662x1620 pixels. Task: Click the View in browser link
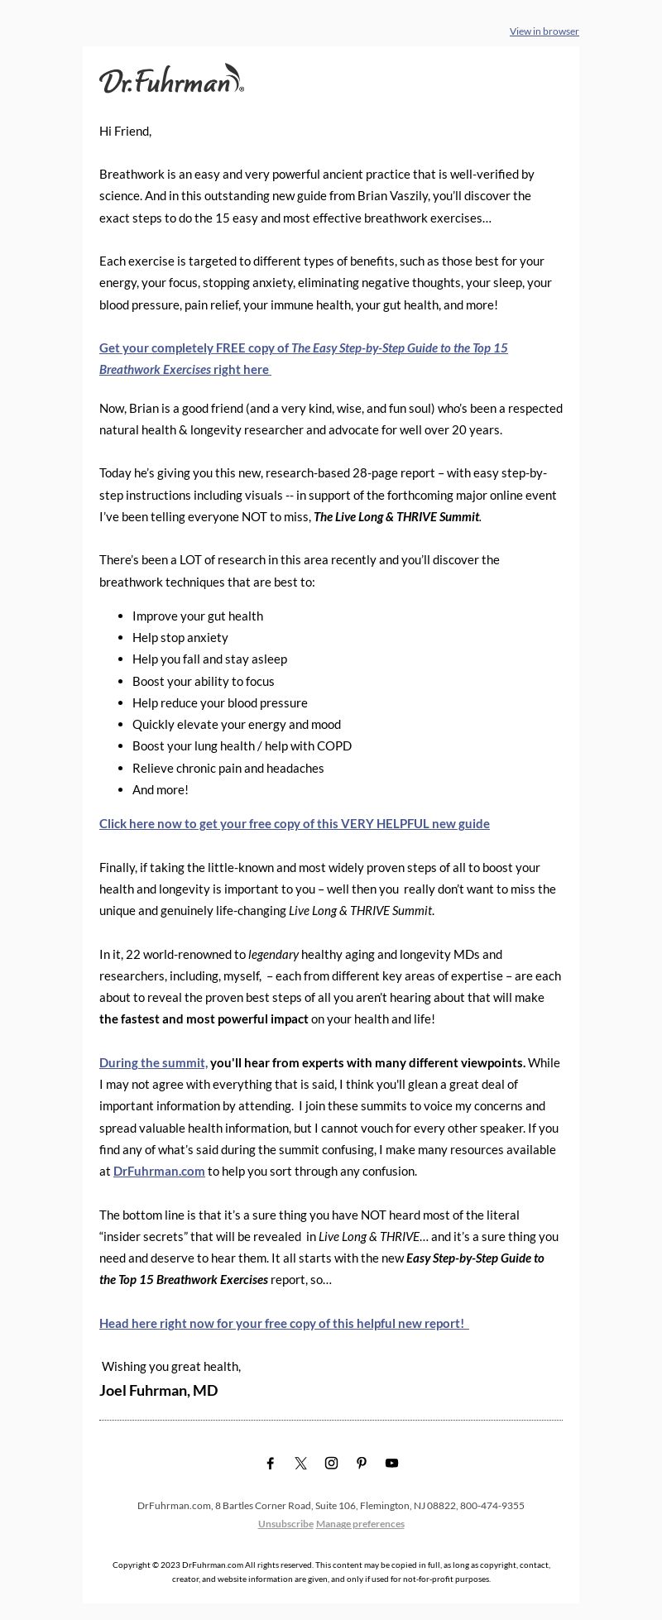544,31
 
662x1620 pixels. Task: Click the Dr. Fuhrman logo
171,79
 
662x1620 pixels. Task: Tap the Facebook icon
270,1463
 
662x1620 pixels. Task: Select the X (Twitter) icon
300,1463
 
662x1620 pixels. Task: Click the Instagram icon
331,1463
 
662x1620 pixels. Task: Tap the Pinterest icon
362,1463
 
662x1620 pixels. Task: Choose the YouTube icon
392,1463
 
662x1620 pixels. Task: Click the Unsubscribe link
285,1523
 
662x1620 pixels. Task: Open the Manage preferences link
360,1523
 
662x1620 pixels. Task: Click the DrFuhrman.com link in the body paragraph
159,1171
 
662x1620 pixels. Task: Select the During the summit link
153,1062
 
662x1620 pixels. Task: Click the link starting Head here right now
282,1323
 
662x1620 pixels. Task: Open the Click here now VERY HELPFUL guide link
294,823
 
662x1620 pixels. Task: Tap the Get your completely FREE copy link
303,348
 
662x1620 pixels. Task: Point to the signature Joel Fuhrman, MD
159,1390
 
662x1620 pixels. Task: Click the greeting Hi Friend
125,131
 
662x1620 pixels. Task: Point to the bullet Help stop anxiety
180,637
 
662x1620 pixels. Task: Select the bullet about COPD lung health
242,745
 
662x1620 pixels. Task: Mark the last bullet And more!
160,789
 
